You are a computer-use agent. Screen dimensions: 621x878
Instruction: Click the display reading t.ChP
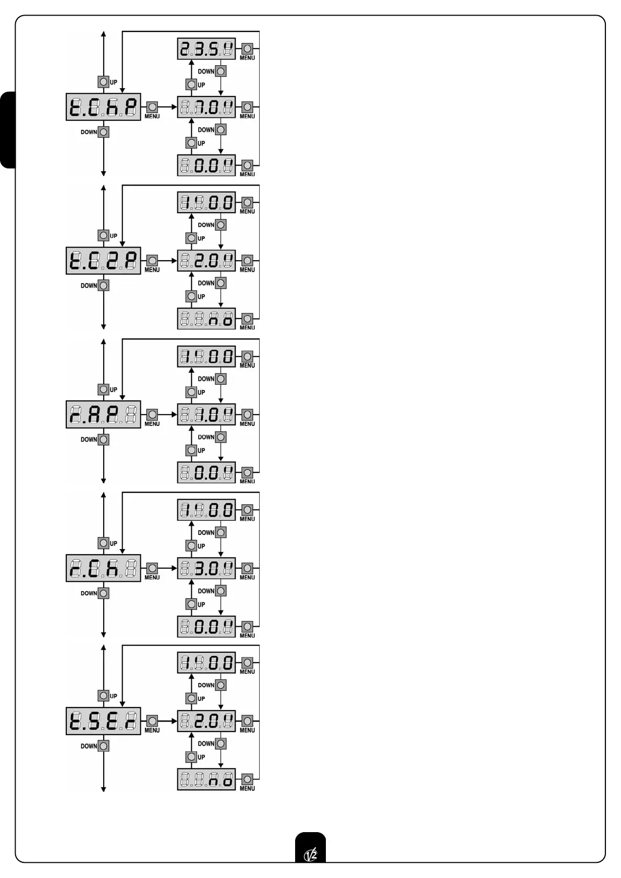(x=103, y=107)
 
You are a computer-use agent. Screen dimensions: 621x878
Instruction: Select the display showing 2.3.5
(x=206, y=50)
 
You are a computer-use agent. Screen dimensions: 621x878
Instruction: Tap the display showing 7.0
(x=206, y=107)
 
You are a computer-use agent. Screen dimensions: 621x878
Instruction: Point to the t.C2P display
(x=103, y=261)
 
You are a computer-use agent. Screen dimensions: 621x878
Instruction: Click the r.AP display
(x=103, y=415)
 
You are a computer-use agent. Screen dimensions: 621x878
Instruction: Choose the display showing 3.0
(x=206, y=568)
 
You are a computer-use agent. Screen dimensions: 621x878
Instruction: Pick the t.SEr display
(x=103, y=722)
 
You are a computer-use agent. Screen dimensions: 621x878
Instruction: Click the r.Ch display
(x=103, y=568)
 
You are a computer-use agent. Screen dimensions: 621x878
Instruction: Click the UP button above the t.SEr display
(x=104, y=696)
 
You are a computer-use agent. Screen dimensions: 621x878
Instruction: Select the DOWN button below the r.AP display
(x=104, y=440)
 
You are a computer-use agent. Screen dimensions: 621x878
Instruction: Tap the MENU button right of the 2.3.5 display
(x=248, y=49)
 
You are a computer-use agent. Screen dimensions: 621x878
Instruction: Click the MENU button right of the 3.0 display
(x=248, y=568)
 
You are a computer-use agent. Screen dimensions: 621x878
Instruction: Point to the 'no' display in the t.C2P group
(x=206, y=319)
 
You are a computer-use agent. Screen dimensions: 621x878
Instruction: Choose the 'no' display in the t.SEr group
(x=206, y=779)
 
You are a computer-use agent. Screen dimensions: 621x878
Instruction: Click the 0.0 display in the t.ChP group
(x=206, y=166)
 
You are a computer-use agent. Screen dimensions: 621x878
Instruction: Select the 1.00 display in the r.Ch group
(x=206, y=510)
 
